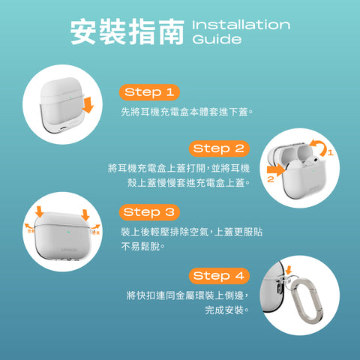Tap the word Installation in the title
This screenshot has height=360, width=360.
point(241,25)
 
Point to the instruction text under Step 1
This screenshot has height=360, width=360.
point(187,112)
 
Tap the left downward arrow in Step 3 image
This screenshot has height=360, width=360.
point(40,212)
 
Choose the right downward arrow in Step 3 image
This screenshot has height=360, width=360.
point(85,213)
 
